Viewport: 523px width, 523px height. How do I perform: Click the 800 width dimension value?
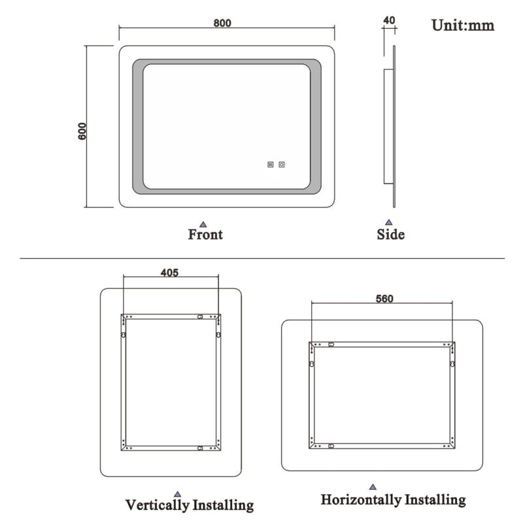tap(222, 23)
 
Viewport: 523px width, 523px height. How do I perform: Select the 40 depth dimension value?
tap(389, 20)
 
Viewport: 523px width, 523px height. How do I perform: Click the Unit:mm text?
tap(462, 25)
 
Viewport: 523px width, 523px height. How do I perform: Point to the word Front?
tap(205, 234)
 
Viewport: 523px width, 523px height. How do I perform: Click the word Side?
tap(390, 234)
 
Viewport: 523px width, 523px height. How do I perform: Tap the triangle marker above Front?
tap(203, 222)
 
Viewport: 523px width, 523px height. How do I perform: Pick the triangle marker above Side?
tap(389, 222)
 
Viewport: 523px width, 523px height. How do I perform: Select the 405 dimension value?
tap(169, 273)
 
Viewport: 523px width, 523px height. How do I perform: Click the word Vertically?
tap(158, 505)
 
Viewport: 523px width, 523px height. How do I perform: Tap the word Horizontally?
tap(360, 500)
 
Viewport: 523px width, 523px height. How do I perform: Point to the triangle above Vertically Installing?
tap(177, 494)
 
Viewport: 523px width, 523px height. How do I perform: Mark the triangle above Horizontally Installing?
tap(373, 487)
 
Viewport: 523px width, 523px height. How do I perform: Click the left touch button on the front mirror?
tap(270, 165)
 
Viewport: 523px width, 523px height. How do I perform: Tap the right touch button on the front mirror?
tap(282, 165)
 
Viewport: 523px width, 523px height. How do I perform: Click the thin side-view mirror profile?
tap(394, 124)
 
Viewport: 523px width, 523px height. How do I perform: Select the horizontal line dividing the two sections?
tap(261, 259)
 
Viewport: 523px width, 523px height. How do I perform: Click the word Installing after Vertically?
tap(222, 505)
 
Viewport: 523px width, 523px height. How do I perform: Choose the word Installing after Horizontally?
tap(435, 500)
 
